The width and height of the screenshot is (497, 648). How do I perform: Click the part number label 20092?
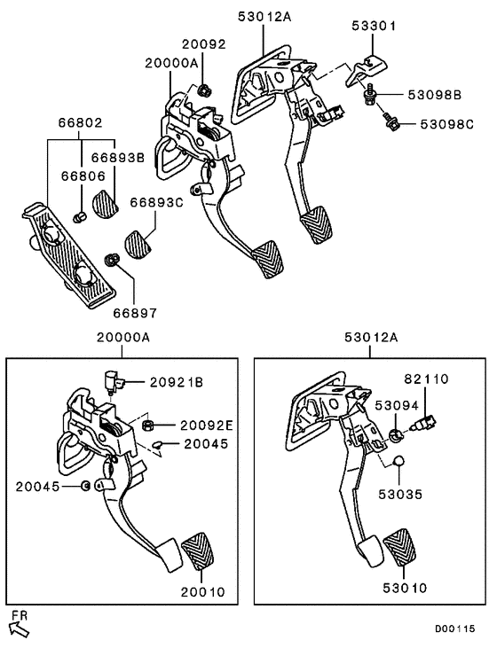[204, 42]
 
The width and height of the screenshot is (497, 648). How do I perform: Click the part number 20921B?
[176, 382]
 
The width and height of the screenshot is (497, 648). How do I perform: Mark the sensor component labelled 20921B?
[113, 380]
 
